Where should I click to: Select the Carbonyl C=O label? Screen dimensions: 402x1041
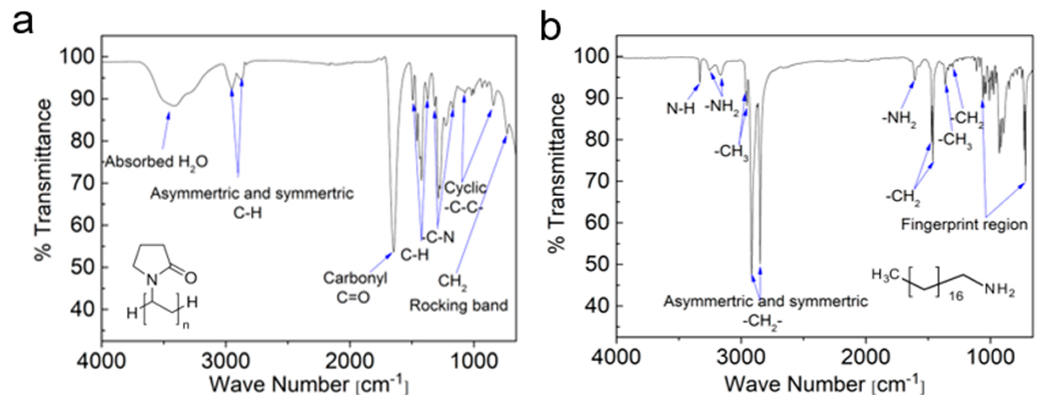coord(354,288)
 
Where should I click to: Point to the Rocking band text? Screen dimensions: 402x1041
coord(458,305)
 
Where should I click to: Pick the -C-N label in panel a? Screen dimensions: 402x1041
coord(438,237)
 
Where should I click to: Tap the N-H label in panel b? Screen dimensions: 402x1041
coord(680,109)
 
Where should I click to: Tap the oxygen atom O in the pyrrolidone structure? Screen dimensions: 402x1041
coord(191,278)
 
